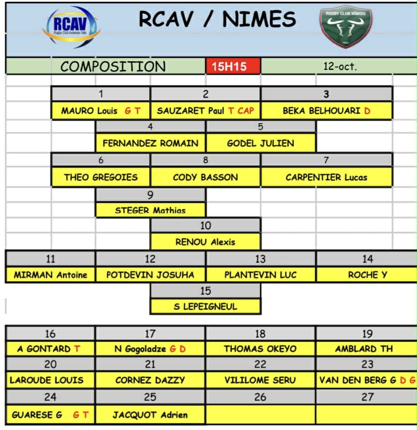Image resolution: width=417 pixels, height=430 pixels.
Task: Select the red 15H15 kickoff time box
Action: tap(233, 67)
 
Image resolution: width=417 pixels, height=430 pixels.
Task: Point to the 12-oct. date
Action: tap(340, 67)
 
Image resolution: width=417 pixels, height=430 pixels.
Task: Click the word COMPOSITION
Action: tap(113, 67)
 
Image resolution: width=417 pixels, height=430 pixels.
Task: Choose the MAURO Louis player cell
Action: tap(101, 111)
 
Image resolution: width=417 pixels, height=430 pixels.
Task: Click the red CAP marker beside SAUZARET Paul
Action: tap(246, 111)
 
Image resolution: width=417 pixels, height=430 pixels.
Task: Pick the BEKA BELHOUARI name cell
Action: tap(326, 111)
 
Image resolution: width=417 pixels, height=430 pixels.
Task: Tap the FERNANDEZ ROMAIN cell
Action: tap(151, 143)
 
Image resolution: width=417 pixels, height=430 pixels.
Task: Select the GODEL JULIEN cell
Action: tap(260, 143)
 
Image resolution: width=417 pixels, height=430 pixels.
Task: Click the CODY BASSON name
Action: tap(205, 177)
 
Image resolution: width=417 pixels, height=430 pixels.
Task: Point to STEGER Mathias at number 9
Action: tap(151, 210)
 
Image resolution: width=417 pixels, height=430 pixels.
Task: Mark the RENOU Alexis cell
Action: tap(205, 242)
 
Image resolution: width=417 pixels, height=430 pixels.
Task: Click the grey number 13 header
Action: tap(260, 259)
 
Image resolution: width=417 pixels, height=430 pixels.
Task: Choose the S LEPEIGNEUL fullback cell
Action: tap(205, 306)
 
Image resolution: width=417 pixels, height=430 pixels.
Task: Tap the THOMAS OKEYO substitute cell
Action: tap(260, 349)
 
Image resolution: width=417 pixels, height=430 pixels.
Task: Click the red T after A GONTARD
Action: tap(77, 349)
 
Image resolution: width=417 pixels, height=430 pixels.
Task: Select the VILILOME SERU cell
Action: tap(260, 380)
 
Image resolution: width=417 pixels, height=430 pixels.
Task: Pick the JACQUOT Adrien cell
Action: tap(150, 415)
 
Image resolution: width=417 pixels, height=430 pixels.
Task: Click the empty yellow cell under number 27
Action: tap(367, 415)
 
